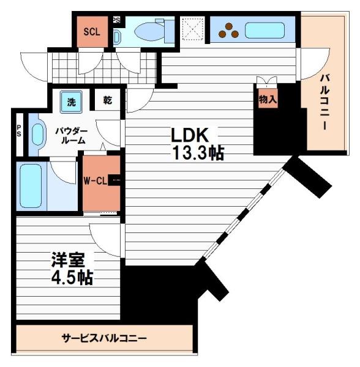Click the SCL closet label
point(91,31)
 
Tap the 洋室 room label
point(66,259)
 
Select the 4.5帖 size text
point(71,277)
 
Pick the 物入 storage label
point(267,99)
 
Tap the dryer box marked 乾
point(107,100)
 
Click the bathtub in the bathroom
point(31,185)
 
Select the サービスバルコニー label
point(104,338)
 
